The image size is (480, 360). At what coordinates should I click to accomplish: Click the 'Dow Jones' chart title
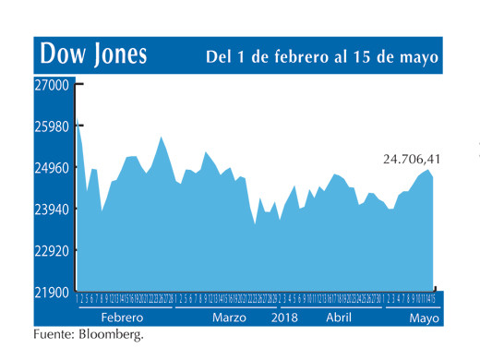94,54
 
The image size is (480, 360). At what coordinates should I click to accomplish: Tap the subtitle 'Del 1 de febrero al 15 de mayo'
320,57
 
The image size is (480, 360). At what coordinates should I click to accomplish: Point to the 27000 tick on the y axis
52,85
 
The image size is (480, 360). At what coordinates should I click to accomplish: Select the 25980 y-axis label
52,126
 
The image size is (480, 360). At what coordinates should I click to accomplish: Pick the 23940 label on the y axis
52,210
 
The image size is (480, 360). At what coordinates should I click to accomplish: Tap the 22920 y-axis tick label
52,251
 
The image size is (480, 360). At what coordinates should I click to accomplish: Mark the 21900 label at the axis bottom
52,293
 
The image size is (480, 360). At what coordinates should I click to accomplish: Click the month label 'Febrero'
121,316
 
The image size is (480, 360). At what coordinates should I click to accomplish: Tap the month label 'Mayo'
425,316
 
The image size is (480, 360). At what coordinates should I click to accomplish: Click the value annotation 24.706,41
411,160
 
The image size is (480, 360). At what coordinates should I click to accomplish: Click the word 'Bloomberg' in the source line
113,333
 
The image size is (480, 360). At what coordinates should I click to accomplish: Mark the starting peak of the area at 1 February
78,121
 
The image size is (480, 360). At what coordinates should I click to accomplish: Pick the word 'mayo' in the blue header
416,57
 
